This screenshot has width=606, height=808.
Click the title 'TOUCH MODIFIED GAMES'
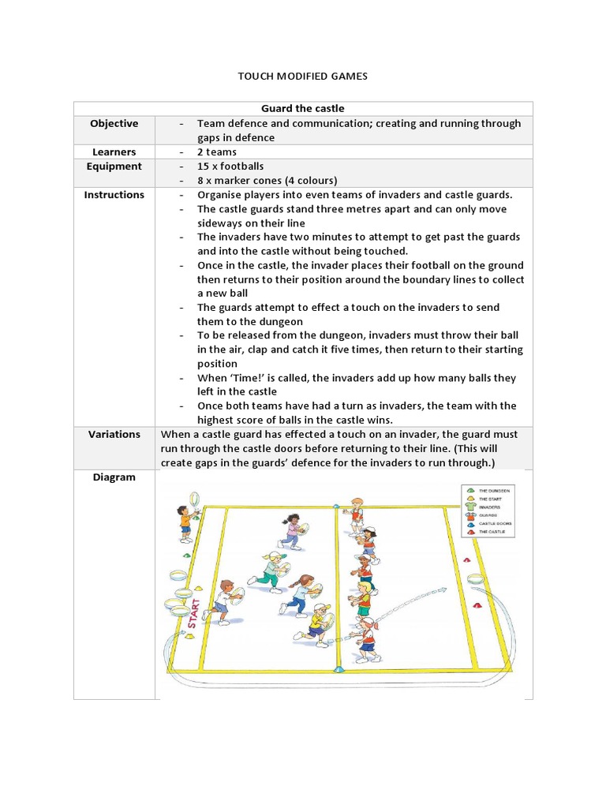click(x=303, y=77)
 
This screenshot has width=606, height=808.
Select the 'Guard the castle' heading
click(x=303, y=108)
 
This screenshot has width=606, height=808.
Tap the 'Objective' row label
click(x=114, y=123)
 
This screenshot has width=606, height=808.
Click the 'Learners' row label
click(x=114, y=151)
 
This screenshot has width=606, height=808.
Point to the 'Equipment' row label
click(x=114, y=166)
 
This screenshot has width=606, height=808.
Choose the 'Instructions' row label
click(x=114, y=194)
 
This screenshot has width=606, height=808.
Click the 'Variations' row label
click(x=114, y=434)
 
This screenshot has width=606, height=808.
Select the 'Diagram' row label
click(x=114, y=477)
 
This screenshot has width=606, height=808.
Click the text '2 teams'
click(x=217, y=151)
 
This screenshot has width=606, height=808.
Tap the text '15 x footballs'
click(x=230, y=166)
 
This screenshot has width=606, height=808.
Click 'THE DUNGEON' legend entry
click(x=494, y=491)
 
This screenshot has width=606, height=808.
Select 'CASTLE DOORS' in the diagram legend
click(x=494, y=522)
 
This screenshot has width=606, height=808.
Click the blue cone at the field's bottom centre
click(x=339, y=670)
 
